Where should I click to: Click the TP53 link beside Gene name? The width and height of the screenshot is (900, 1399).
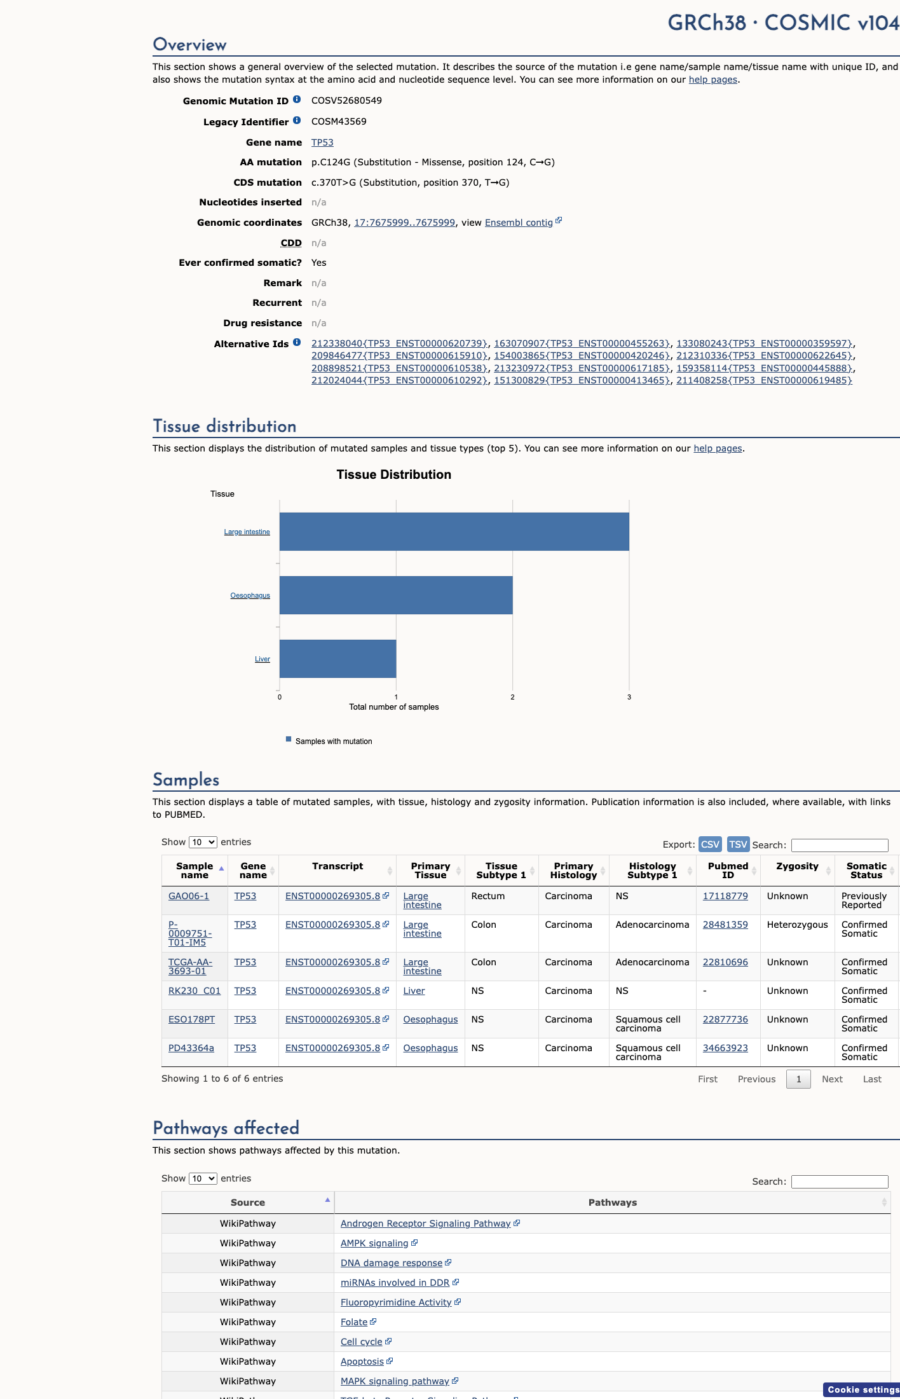322,142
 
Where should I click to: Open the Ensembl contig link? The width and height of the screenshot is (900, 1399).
519,223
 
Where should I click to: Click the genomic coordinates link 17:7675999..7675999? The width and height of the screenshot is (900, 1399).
404,223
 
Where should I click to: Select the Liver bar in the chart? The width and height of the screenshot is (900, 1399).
337,659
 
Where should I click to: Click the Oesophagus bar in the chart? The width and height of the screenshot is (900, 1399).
396,595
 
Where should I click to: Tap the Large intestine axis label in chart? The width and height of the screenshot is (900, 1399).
247,532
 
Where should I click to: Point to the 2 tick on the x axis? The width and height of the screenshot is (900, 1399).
512,697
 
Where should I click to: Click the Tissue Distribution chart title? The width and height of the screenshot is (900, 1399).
393,474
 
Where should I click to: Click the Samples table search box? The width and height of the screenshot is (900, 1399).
840,845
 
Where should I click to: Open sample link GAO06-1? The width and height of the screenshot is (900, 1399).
189,896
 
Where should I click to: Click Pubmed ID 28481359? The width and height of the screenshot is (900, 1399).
725,925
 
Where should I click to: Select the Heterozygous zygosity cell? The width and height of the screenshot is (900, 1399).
797,925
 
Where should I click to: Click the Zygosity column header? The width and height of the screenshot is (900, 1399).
797,866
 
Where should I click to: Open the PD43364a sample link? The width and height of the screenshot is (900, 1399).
191,1048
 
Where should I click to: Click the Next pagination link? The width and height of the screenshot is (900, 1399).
832,1079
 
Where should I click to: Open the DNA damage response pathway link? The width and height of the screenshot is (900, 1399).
392,1263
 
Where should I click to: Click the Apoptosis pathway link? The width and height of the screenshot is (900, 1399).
362,1361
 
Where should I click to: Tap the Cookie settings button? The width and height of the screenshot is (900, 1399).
862,1389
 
